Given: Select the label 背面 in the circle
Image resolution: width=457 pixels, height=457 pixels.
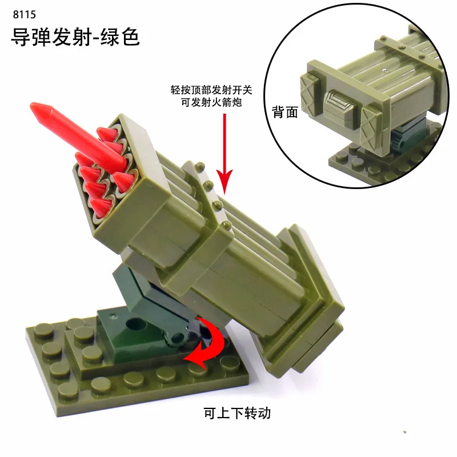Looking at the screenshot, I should [285, 112].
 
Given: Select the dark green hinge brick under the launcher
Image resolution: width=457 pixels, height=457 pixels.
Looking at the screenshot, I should [143, 297].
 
